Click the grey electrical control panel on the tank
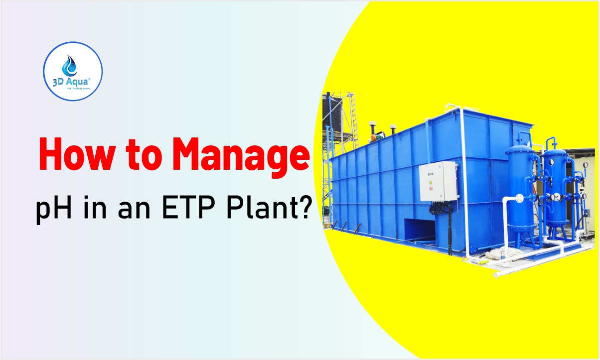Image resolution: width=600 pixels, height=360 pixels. [x=438, y=181]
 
